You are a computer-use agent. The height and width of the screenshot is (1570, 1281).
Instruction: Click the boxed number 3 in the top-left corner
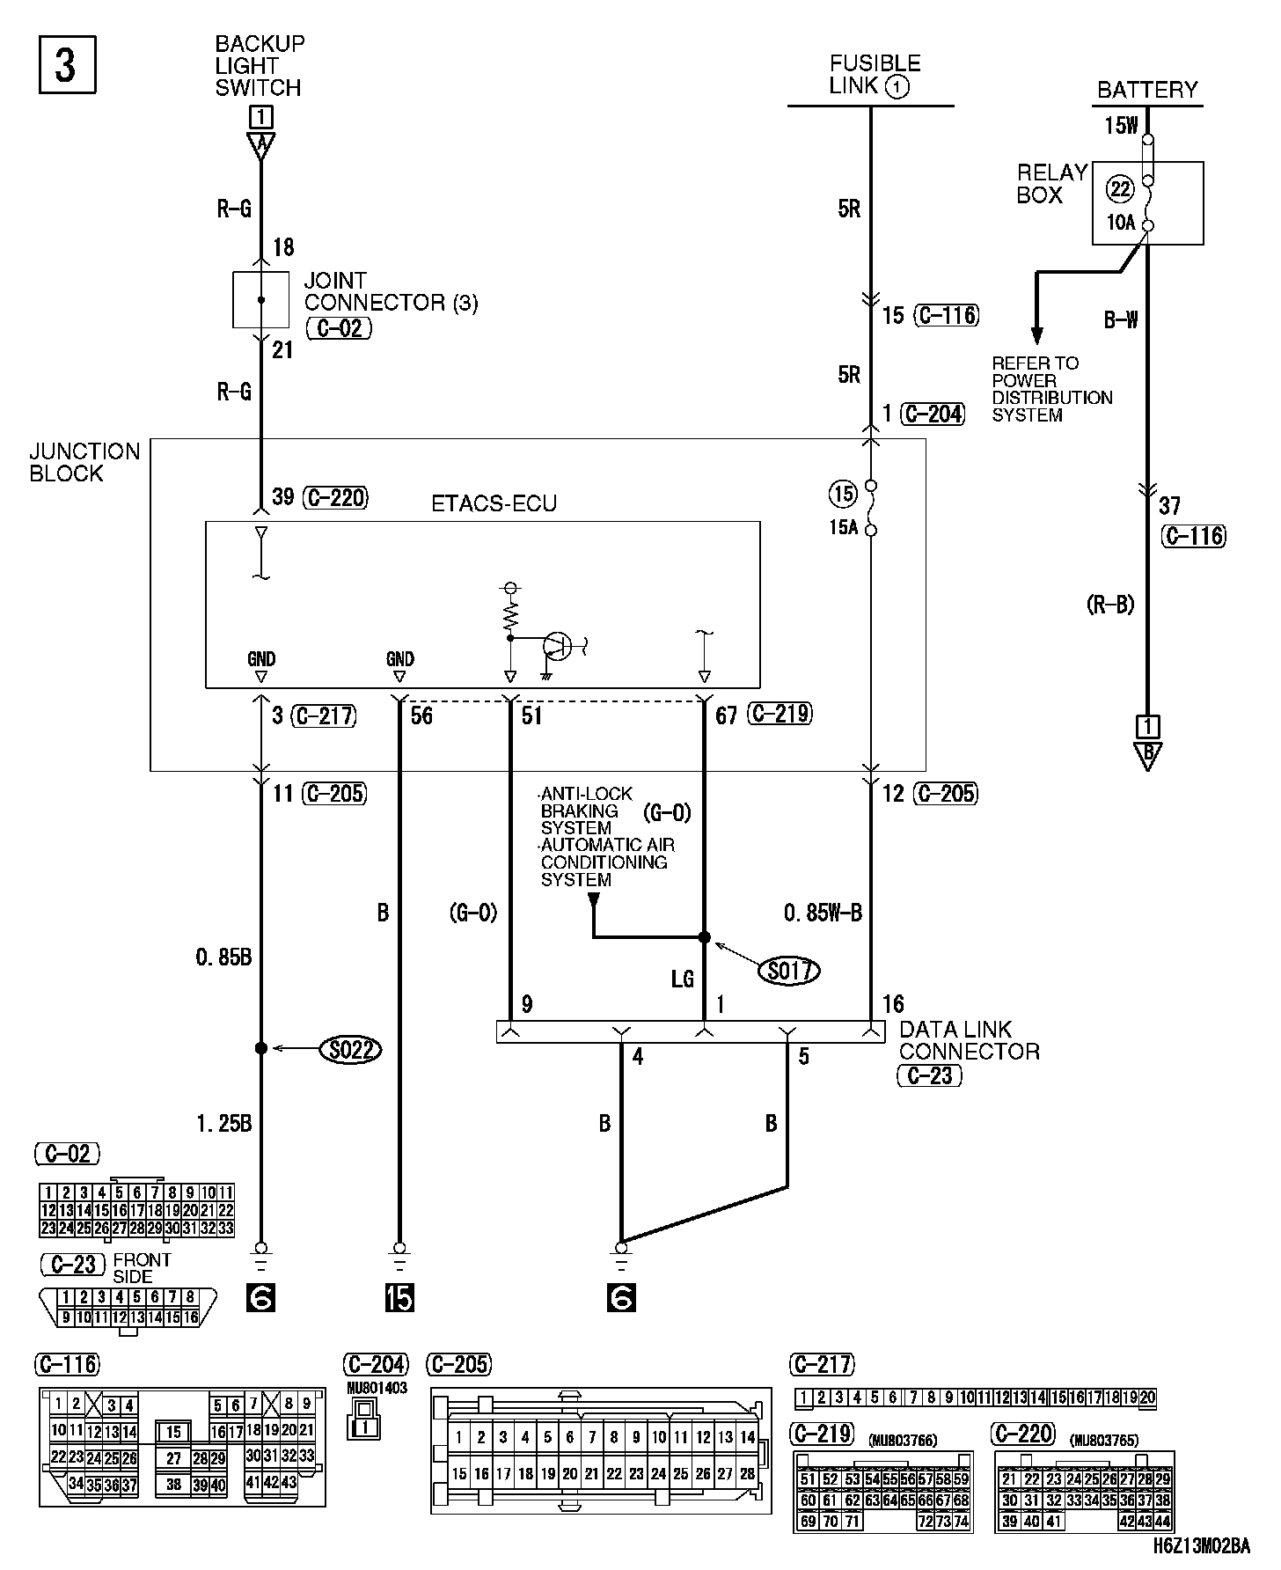pyautogui.click(x=67, y=64)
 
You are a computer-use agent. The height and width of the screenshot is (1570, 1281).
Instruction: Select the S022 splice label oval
pyautogui.click(x=350, y=1049)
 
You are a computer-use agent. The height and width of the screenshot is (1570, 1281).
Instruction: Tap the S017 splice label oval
pyautogui.click(x=788, y=970)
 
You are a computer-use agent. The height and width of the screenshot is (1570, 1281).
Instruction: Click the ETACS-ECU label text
pyautogui.click(x=494, y=504)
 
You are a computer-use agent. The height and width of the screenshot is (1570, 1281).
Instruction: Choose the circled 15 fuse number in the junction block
pyautogui.click(x=842, y=494)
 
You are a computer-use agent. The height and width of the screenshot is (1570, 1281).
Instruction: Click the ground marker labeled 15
pyautogui.click(x=399, y=1298)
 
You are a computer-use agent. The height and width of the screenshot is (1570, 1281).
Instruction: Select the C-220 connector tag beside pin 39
pyautogui.click(x=335, y=497)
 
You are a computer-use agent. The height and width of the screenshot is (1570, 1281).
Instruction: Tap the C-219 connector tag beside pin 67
pyautogui.click(x=780, y=714)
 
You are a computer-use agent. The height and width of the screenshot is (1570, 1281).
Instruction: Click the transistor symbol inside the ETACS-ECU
pyautogui.click(x=558, y=647)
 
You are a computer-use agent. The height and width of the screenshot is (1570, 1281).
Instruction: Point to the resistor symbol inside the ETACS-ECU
pyautogui.click(x=509, y=618)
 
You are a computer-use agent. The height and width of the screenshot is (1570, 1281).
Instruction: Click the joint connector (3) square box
pyautogui.click(x=260, y=300)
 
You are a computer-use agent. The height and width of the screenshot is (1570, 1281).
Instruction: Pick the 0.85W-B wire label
pyautogui.click(x=823, y=913)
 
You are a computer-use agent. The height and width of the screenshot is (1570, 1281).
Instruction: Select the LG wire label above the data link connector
pyautogui.click(x=683, y=979)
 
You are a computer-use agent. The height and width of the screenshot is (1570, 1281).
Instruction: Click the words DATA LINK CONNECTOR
pyautogui.click(x=969, y=1040)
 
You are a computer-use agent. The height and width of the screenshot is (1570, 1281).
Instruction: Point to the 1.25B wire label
pyautogui.click(x=223, y=1123)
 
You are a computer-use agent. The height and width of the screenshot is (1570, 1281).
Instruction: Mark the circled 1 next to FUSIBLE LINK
pyautogui.click(x=897, y=86)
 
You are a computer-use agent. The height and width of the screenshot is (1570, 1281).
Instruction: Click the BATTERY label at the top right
pyautogui.click(x=1147, y=90)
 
